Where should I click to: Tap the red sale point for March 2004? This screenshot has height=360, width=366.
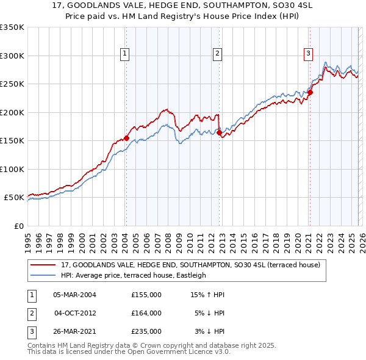(x=126, y=138)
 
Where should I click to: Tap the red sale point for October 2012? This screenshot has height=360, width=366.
(x=219, y=132)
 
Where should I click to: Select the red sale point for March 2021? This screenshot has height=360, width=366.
(x=310, y=93)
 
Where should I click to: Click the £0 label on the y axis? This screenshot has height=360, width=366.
(x=18, y=226)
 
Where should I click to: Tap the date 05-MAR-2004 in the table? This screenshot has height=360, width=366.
(x=74, y=295)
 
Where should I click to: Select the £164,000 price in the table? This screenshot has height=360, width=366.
(x=146, y=313)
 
